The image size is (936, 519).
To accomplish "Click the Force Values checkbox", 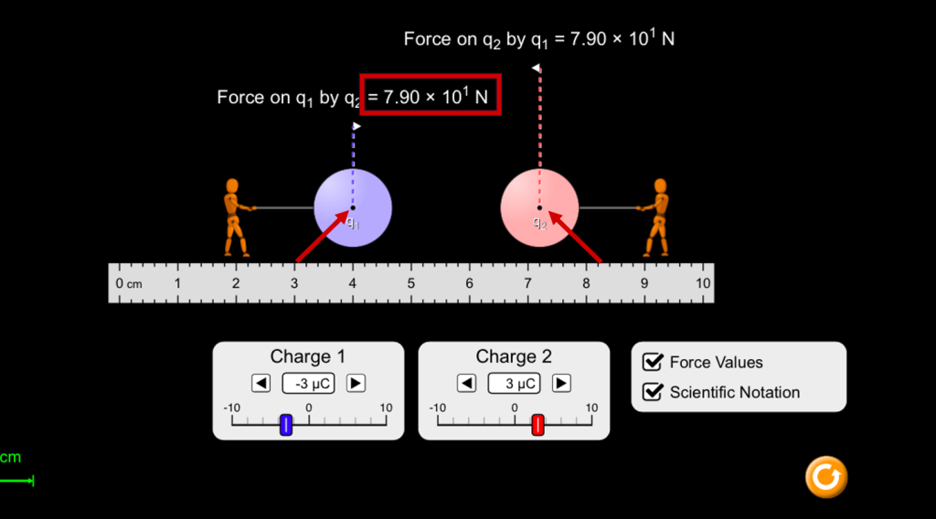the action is click(653, 362).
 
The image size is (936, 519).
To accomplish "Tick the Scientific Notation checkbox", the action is click(653, 392).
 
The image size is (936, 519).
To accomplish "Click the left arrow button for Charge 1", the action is click(261, 383).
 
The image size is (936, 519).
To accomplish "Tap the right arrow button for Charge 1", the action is click(356, 383).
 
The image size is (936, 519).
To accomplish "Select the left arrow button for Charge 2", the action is click(466, 383).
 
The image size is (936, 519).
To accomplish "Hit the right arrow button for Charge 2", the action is click(561, 383).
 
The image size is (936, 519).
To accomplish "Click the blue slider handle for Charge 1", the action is click(286, 425).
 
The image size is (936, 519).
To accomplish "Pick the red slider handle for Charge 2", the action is click(537, 425).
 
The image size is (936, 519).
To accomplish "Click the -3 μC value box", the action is click(308, 383).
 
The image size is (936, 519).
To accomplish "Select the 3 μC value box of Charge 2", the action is click(514, 383).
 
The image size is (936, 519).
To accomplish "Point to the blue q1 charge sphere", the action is click(353, 207).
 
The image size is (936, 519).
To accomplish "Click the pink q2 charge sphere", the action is click(539, 207).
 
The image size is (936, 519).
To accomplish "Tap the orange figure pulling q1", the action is click(235, 217).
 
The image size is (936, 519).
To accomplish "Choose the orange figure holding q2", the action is click(655, 217).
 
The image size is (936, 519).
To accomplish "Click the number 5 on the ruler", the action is click(410, 284).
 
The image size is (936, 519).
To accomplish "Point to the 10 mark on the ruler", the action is click(703, 284).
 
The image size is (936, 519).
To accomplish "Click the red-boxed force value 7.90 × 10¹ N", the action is click(431, 95).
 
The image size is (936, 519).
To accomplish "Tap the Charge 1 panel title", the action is click(307, 356).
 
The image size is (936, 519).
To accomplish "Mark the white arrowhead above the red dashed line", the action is click(536, 68).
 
